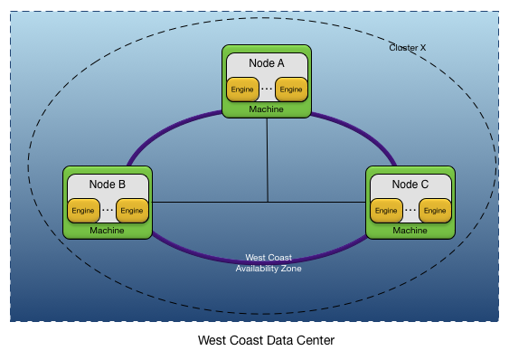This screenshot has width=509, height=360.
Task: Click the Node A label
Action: click(267, 63)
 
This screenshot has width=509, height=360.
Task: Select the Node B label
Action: click(108, 185)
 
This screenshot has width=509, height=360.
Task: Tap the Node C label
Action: click(410, 185)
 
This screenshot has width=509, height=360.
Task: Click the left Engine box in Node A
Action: click(242, 90)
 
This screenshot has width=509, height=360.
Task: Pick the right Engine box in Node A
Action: click(291, 90)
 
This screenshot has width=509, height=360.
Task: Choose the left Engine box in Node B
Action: click(83, 211)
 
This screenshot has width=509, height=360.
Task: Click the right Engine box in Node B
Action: click(132, 211)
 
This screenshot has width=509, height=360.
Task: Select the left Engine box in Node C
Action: click(386, 211)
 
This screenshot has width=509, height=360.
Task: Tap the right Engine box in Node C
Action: click(435, 211)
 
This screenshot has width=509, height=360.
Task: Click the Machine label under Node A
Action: click(267, 109)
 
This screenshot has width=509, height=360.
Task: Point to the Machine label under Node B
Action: click(108, 231)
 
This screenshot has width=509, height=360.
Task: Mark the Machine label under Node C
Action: click(410, 231)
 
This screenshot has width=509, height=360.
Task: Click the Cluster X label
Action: click(407, 47)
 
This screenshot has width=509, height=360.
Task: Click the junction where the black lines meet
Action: click(267, 201)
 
